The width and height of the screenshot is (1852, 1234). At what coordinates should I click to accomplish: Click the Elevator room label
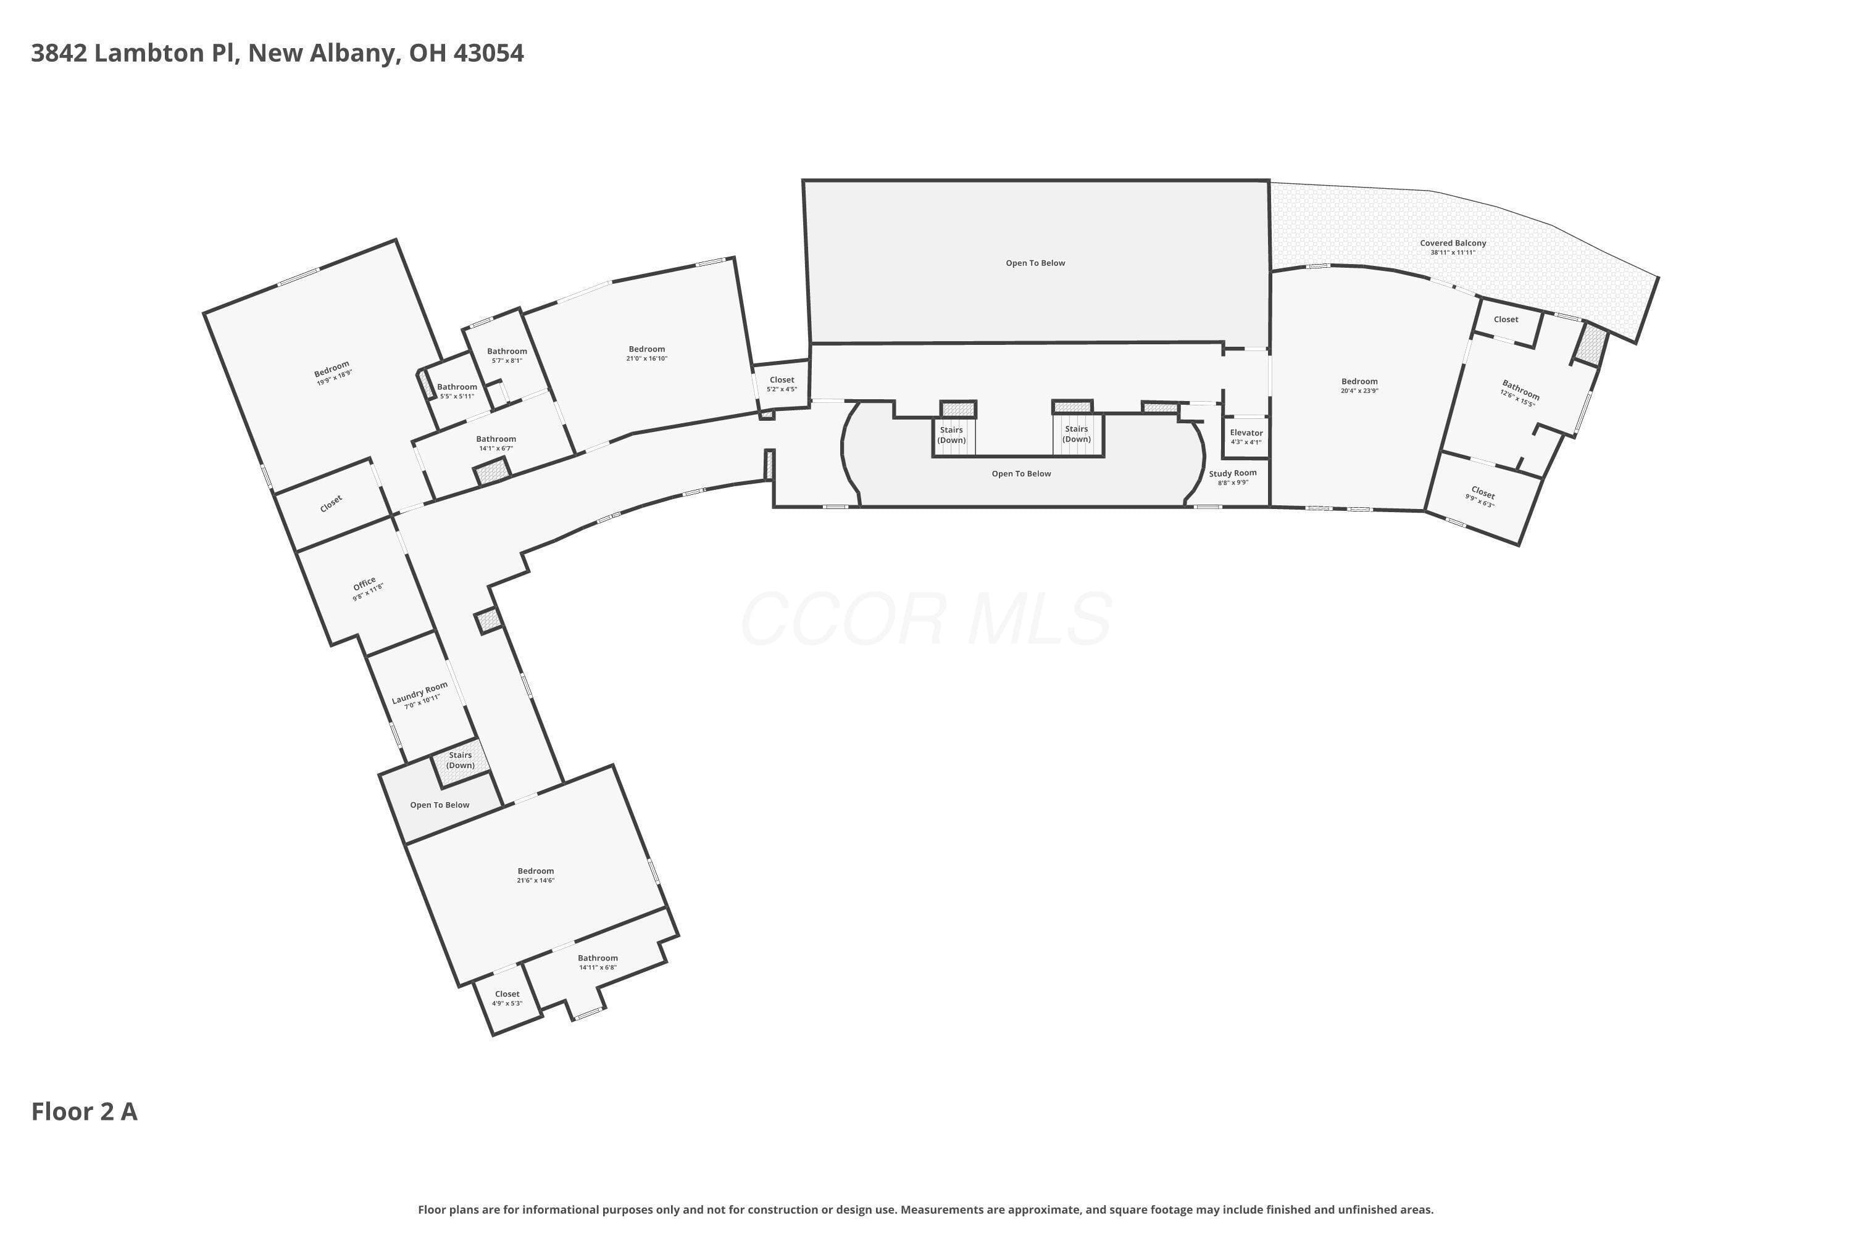[1246, 433]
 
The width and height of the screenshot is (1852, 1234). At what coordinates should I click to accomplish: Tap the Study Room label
[1233, 473]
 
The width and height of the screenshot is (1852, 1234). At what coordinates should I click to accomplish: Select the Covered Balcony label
[1453, 243]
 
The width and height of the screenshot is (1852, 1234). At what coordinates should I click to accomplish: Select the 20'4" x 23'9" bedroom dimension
[1359, 391]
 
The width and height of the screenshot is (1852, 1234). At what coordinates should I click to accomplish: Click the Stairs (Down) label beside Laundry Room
[461, 760]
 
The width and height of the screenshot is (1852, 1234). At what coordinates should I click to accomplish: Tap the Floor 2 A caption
[84, 1111]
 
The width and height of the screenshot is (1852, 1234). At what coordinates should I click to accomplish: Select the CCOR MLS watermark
[926, 619]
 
